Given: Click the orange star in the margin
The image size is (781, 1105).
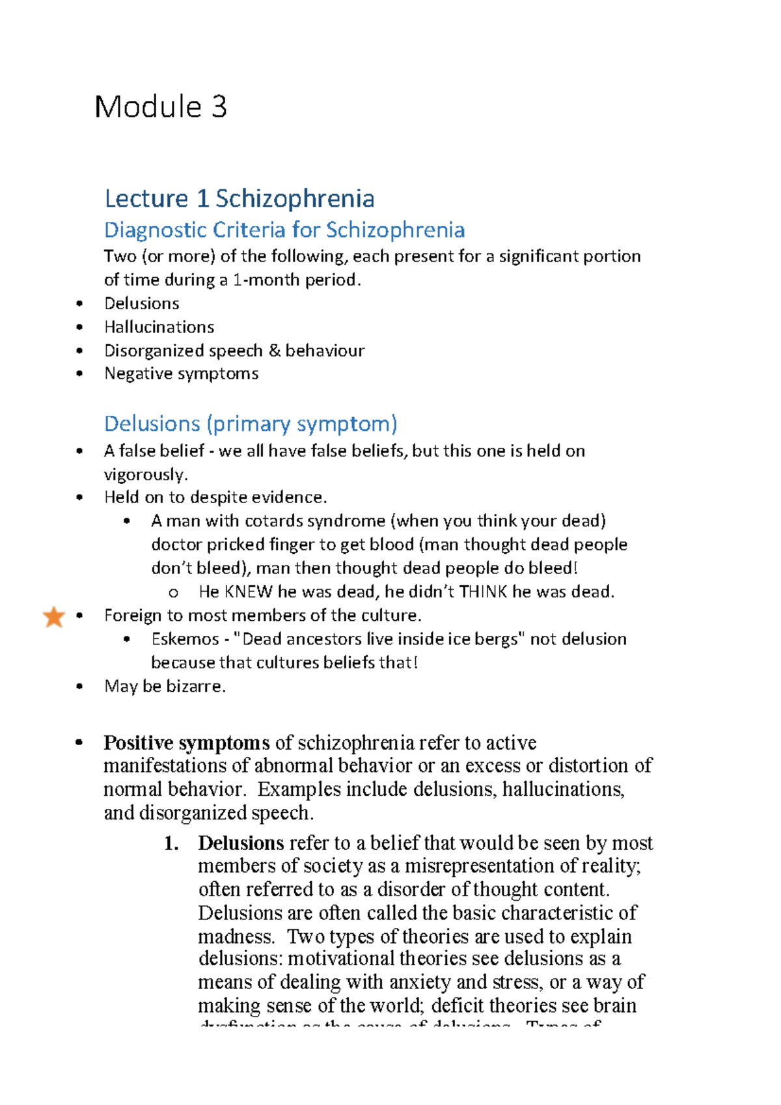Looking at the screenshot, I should (53, 616).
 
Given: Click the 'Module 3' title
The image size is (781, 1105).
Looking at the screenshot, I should (160, 107).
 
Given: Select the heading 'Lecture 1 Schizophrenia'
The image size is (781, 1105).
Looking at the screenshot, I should (239, 198).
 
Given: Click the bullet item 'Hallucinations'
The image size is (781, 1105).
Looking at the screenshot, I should (159, 327).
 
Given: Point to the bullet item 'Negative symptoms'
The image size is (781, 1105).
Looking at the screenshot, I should (181, 374).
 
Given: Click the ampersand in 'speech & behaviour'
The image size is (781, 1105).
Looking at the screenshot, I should (274, 350).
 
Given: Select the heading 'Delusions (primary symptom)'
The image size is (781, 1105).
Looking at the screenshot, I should (250, 424).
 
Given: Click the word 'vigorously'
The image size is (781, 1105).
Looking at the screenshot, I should (144, 474).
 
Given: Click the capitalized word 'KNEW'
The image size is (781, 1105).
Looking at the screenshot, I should (248, 592).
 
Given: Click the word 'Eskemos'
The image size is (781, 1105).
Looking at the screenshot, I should (185, 639).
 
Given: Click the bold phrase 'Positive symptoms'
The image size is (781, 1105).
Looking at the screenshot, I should (186, 743).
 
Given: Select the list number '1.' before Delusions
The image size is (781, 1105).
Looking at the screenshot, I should (171, 843).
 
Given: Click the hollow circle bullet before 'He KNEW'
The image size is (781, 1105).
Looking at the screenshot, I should (173, 593).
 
